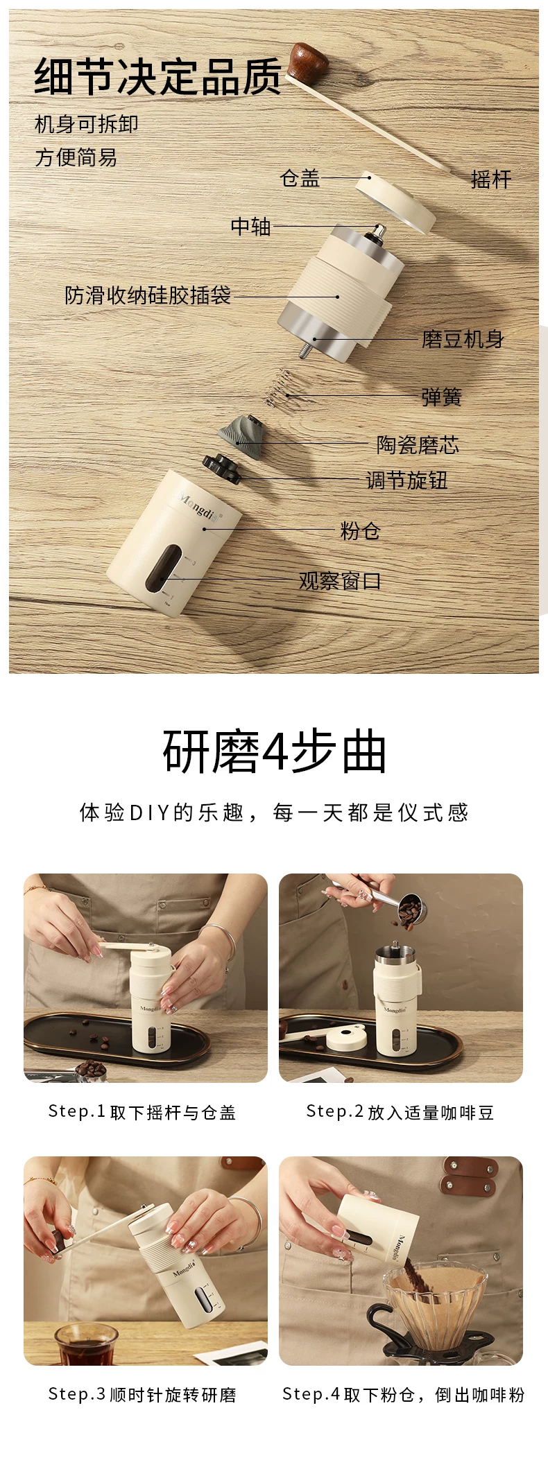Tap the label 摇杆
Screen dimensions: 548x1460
coord(491,179)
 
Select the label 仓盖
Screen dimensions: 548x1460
coord(300,178)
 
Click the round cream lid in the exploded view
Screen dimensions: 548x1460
coord(395,200)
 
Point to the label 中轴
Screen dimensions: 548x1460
coord(250,226)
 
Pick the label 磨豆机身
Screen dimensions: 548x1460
coord(463,339)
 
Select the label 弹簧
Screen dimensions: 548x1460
coord(441,397)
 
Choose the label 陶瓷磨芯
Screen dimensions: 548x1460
coord(418,444)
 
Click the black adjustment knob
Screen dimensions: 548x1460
coord(221,469)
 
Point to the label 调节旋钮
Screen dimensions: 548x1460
coord(406,480)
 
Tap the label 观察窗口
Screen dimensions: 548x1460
coord(340,581)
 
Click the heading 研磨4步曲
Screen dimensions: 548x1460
coord(275,752)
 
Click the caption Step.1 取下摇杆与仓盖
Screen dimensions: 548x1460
coord(142,1112)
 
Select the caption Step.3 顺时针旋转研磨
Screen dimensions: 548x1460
coord(142,1394)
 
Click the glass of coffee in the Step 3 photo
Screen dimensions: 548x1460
coord(86,1344)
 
